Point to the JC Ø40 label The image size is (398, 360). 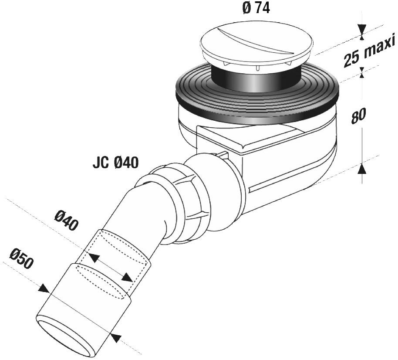point(115,163)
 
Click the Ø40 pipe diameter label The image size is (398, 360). point(67,221)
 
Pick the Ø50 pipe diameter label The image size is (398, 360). point(21,259)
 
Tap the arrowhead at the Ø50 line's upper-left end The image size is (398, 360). point(44,289)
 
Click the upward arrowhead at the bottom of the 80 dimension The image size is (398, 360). point(361,167)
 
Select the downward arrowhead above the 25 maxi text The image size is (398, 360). point(361,30)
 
